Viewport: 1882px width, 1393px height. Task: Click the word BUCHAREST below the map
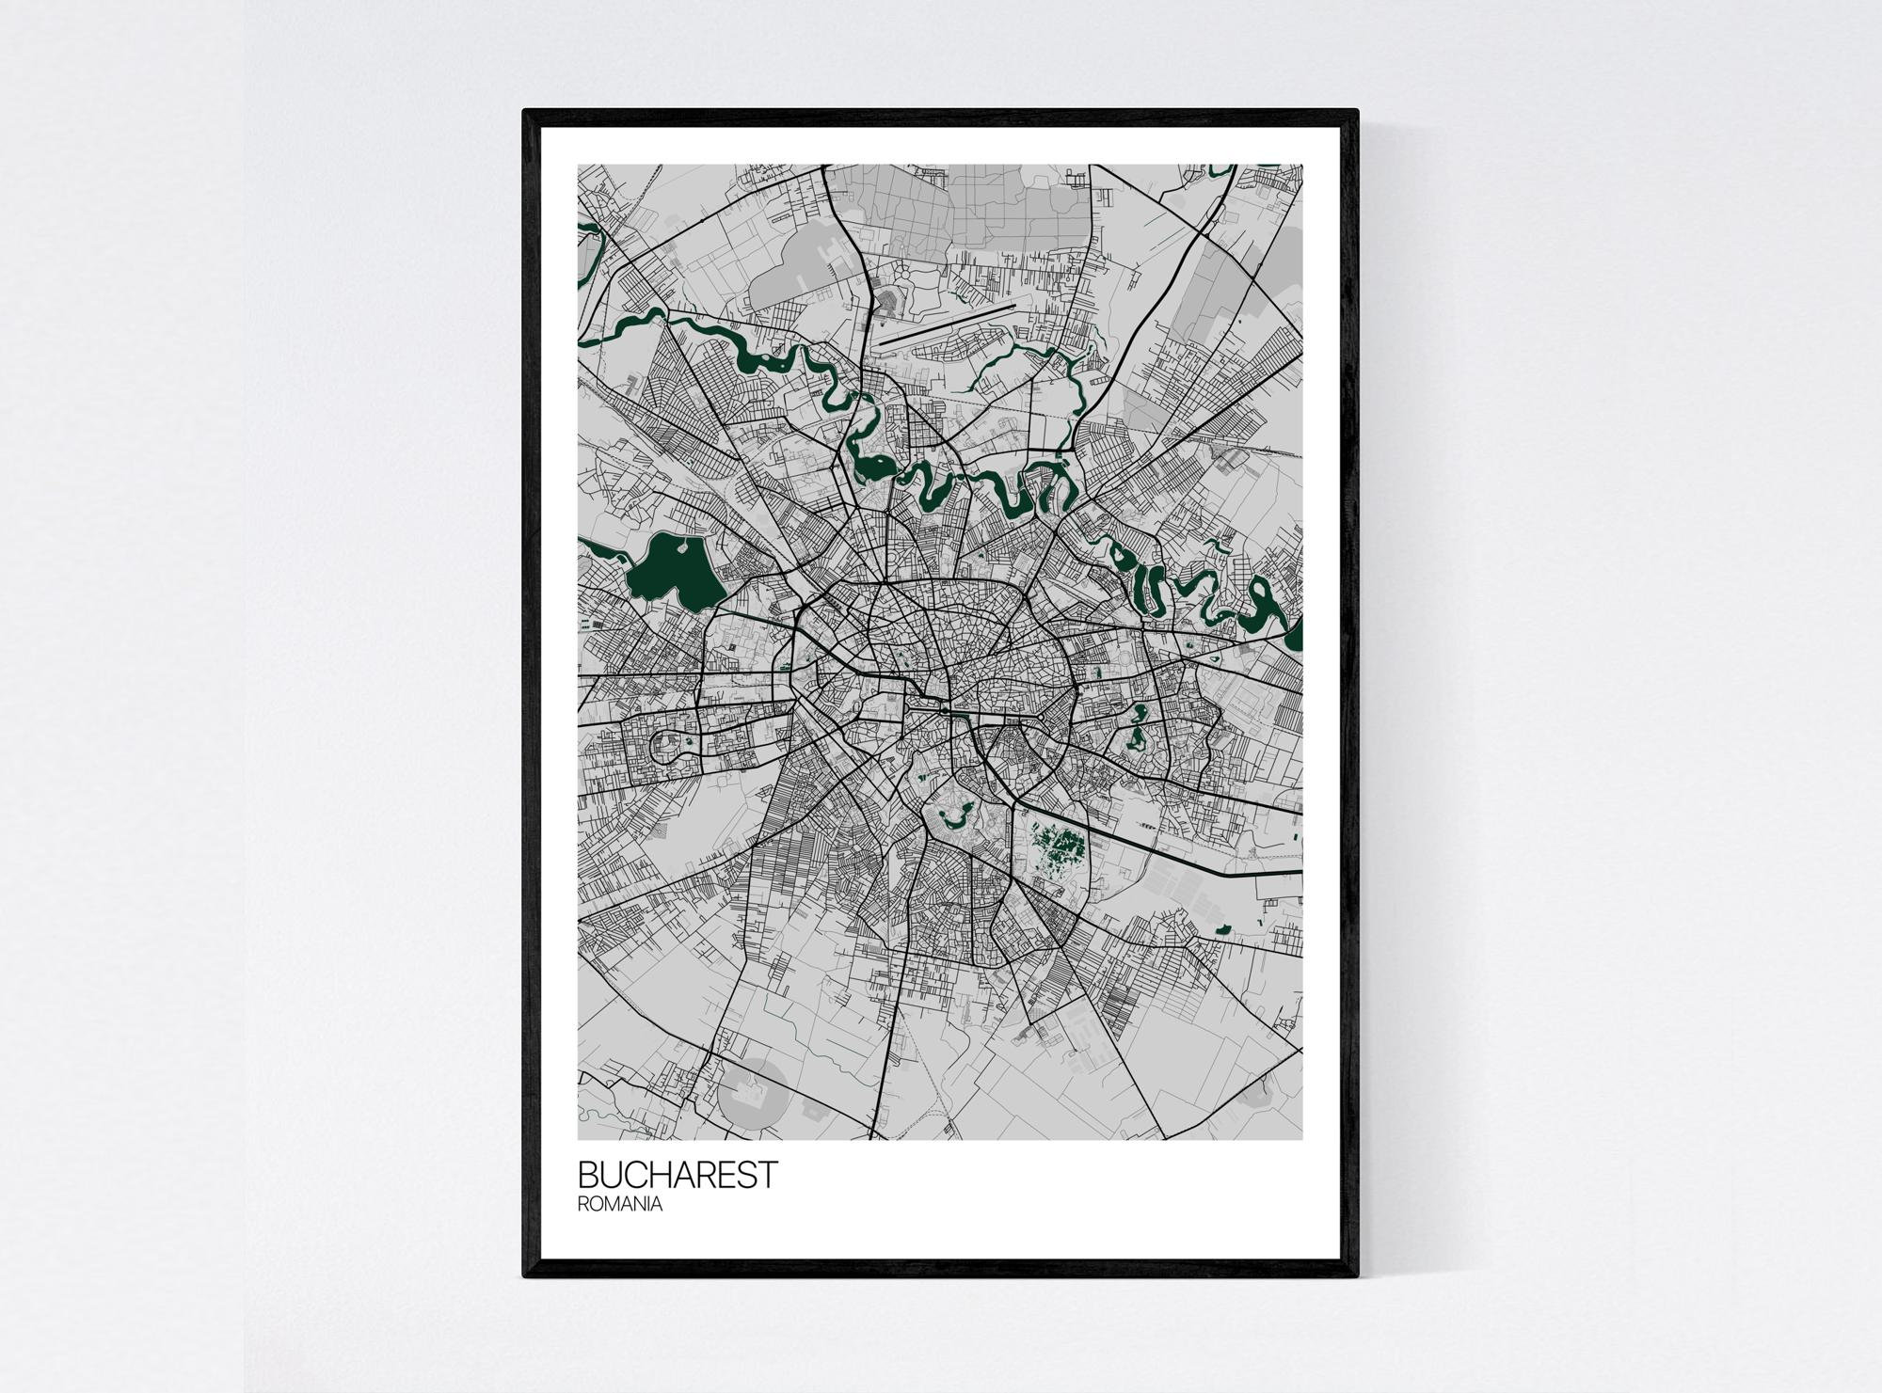tap(678, 1175)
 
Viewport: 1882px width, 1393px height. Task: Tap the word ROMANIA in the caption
tap(620, 1204)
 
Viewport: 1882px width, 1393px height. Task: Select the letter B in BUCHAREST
tap(588, 1175)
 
